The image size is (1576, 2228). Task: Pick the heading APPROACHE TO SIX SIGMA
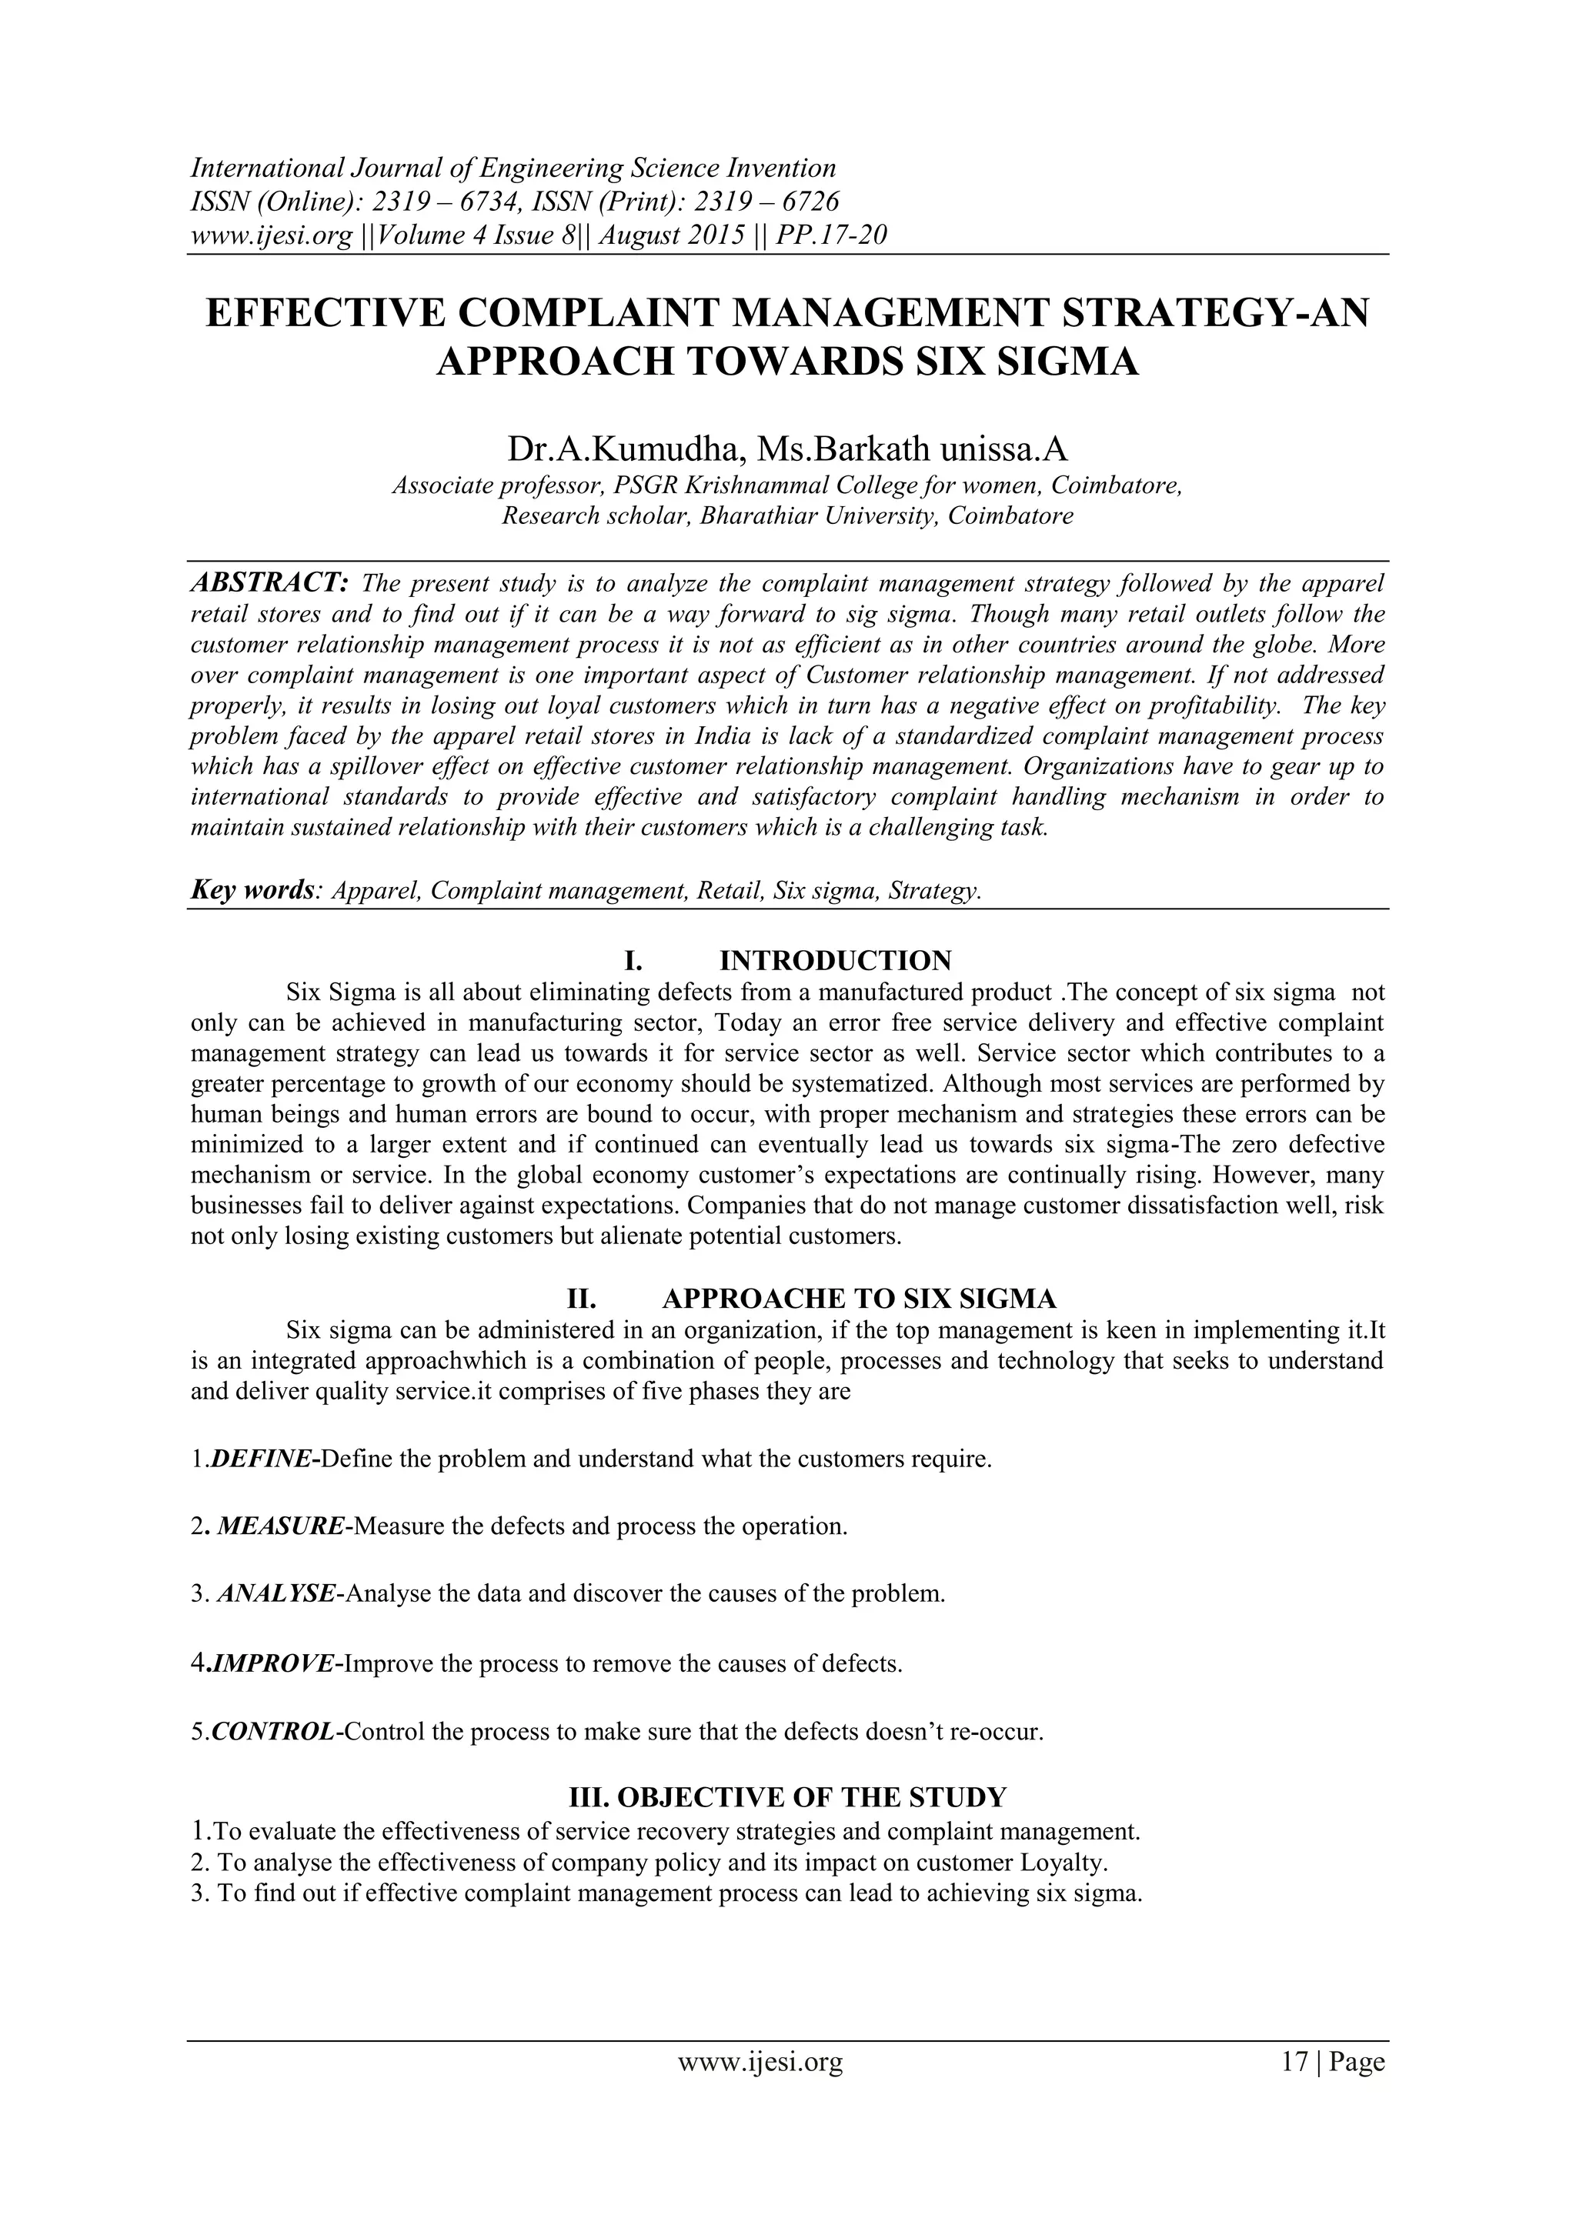859,1299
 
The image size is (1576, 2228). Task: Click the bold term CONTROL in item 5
272,1732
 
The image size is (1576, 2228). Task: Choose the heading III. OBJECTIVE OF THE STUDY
787,1797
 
